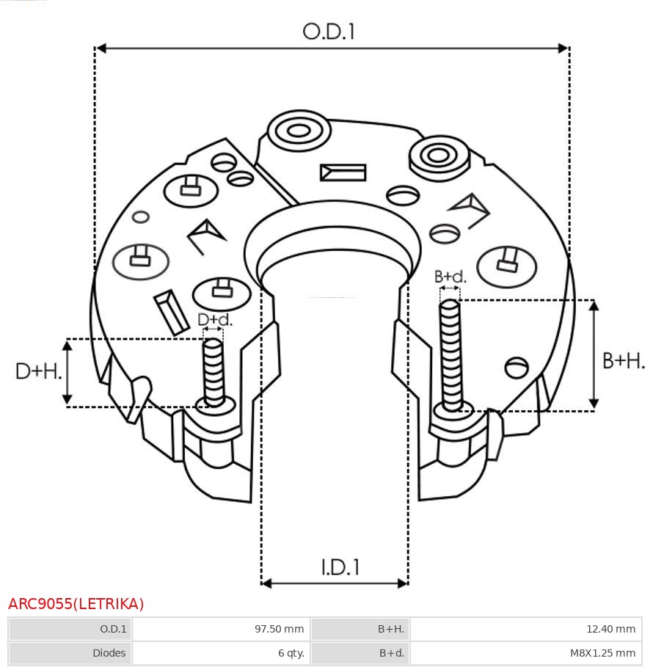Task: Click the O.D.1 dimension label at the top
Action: click(x=329, y=32)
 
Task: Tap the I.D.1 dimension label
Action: click(x=340, y=567)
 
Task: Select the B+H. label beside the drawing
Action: click(x=623, y=360)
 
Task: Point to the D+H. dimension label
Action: click(x=38, y=371)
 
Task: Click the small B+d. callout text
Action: click(x=450, y=277)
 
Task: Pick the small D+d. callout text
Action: click(x=215, y=320)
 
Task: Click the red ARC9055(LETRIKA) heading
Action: click(x=76, y=604)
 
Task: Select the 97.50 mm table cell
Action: click(x=279, y=629)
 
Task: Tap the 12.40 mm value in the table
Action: click(x=610, y=629)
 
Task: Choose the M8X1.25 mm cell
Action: click(x=602, y=653)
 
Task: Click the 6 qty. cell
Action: click(x=291, y=653)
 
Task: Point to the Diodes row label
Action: click(x=109, y=653)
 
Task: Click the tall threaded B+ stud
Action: click(x=450, y=355)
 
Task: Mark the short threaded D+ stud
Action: click(x=214, y=372)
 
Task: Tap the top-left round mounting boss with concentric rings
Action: click(x=299, y=131)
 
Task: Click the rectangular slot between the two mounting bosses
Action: click(x=343, y=172)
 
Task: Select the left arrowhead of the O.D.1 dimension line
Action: click(x=101, y=48)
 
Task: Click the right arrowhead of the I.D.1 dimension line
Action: click(x=403, y=583)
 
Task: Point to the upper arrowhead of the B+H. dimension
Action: click(x=594, y=305)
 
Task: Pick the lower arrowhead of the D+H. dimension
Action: click(x=67, y=399)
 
